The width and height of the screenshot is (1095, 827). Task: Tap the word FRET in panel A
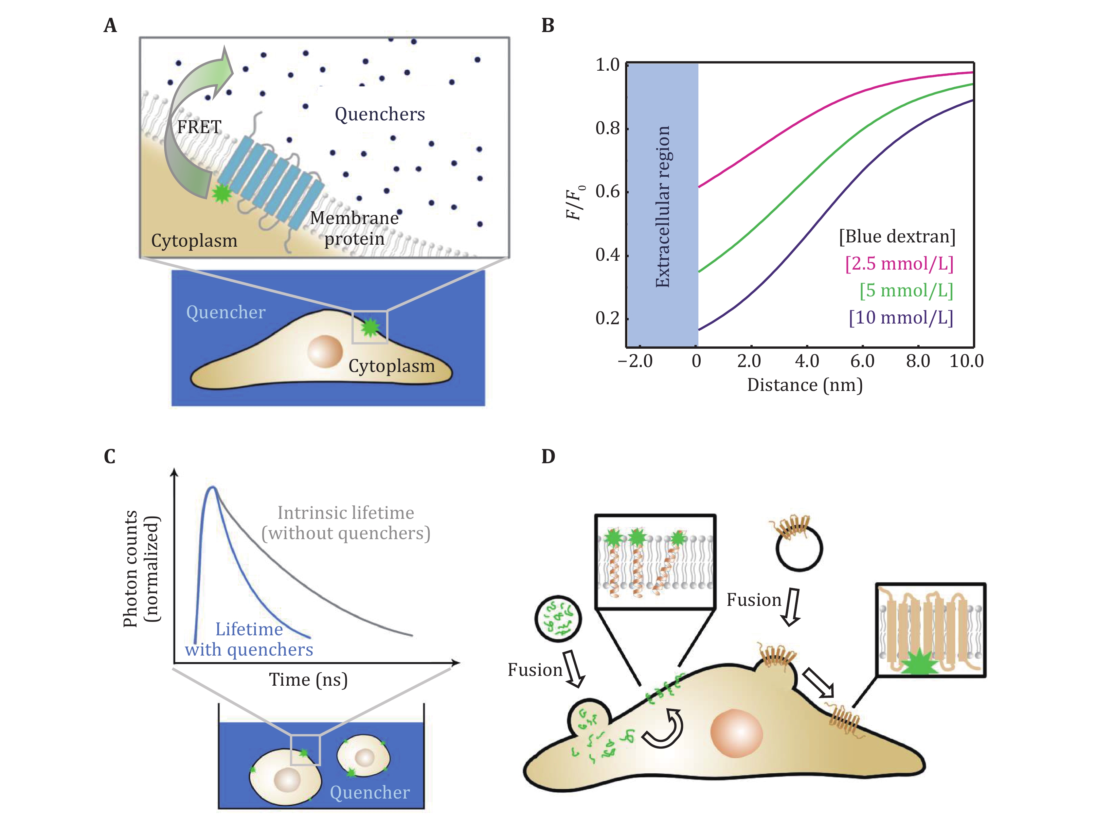[199, 127]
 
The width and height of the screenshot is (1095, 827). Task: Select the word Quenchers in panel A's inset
[380, 114]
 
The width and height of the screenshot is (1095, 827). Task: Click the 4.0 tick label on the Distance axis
[807, 361]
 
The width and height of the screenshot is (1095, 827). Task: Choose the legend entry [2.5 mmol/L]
[899, 263]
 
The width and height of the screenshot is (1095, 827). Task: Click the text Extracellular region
[662, 206]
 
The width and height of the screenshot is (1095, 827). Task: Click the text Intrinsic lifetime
[346, 513]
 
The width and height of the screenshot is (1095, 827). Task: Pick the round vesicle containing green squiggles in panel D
[558, 619]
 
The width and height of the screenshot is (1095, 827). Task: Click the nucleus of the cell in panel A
[325, 351]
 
